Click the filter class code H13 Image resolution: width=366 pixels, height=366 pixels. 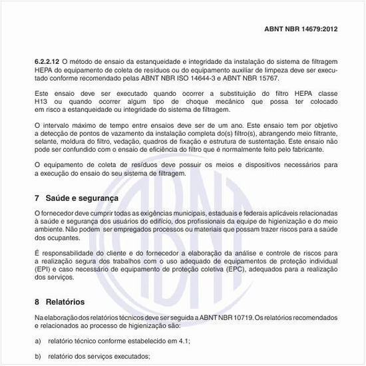coord(42,101)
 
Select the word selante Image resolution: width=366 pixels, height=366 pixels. coord(45,141)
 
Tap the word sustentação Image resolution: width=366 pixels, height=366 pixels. coord(268,141)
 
